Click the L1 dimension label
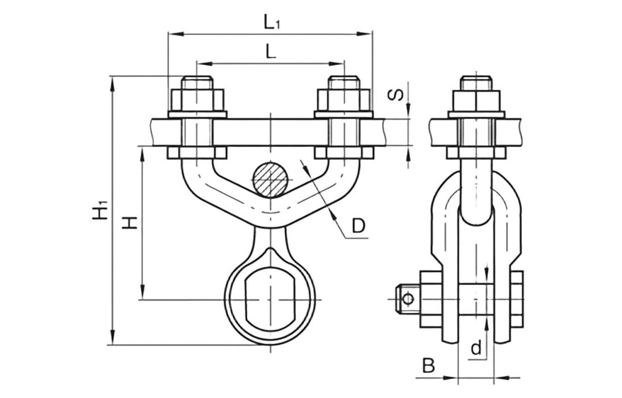[272, 23]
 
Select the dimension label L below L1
[271, 52]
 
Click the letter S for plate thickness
[396, 94]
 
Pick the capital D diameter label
[359, 226]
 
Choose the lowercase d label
[476, 347]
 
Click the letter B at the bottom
[429, 366]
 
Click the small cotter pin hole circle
[408, 298]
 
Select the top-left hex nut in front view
[197, 100]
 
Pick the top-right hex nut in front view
[344, 100]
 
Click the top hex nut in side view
[476, 101]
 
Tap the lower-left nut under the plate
[197, 153]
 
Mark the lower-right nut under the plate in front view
[344, 153]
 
